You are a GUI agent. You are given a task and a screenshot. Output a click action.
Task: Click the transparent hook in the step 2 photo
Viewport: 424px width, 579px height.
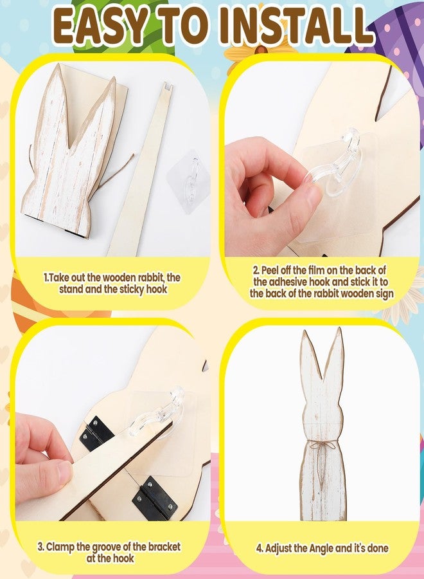(333, 165)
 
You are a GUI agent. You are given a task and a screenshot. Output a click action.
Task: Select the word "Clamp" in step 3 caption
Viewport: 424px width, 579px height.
(60, 547)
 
